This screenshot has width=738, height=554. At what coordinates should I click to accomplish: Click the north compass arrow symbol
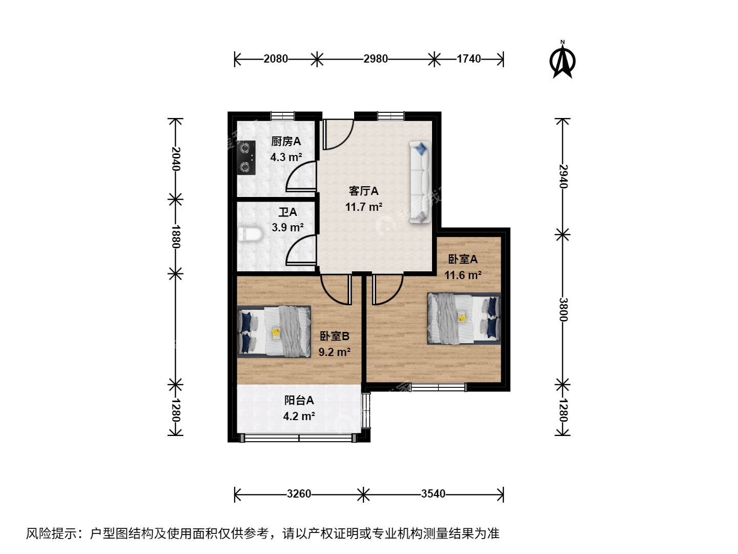tap(562, 60)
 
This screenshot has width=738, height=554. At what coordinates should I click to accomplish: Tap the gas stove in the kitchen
tap(246, 157)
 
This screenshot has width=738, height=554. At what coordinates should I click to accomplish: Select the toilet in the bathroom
tap(250, 234)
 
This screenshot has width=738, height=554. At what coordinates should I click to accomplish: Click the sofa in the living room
tap(420, 182)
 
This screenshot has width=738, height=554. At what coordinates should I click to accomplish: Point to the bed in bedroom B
tap(274, 331)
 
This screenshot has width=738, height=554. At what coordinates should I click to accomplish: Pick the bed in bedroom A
tap(464, 319)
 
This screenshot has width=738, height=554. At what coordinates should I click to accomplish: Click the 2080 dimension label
tap(276, 59)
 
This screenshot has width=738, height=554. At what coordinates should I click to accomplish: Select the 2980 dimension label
tap(376, 59)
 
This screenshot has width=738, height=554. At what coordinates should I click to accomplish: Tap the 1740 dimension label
tap(469, 59)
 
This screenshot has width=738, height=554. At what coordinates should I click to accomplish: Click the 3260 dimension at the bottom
tap(299, 494)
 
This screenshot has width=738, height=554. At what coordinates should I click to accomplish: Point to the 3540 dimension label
tap(434, 494)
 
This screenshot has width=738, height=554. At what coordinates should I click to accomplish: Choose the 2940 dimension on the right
tap(563, 176)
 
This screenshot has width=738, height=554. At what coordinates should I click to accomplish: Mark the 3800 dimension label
tap(563, 309)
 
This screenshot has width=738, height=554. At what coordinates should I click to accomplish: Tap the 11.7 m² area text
tap(364, 207)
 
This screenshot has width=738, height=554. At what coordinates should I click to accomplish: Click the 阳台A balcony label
tap(299, 400)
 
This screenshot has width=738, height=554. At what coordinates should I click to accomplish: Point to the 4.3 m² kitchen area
tap(286, 157)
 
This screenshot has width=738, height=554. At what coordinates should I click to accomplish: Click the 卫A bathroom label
tap(288, 212)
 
